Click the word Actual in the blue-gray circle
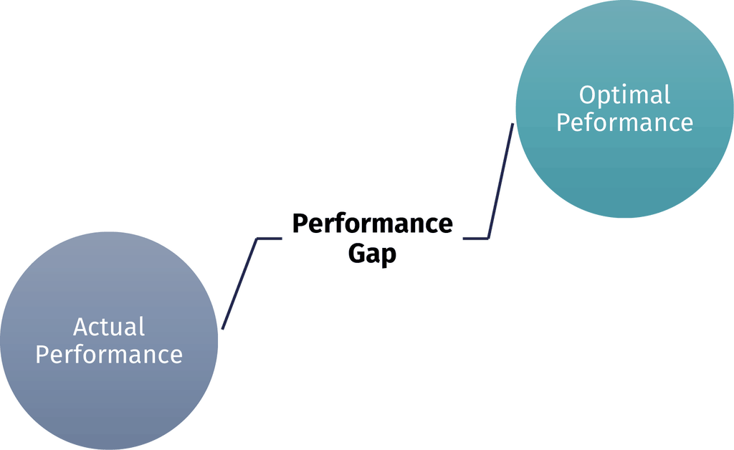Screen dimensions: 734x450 (x=109, y=327)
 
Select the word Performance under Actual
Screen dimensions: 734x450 (x=109, y=354)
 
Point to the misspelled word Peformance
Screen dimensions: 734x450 (x=624, y=122)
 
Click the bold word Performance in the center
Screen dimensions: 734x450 (x=373, y=223)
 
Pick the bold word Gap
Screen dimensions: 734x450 (x=372, y=254)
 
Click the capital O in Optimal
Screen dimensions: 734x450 (x=588, y=95)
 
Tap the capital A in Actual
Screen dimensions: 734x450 (x=82, y=327)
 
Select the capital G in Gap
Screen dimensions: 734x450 (x=356, y=253)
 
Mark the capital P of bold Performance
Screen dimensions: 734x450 (x=301, y=223)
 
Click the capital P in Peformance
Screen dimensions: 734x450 (x=563, y=123)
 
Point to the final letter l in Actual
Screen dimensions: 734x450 (x=142, y=327)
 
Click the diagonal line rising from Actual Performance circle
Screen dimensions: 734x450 (x=239, y=284)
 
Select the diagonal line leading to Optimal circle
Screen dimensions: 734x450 (x=501, y=181)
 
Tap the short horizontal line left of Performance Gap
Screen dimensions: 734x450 (x=270, y=239)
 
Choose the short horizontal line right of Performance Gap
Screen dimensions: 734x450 (x=476, y=239)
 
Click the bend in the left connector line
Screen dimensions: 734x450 (x=257, y=239)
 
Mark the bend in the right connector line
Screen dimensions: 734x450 (x=488, y=239)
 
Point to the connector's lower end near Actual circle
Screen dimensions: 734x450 (x=222, y=329)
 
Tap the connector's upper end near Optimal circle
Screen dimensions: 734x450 (x=513, y=123)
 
